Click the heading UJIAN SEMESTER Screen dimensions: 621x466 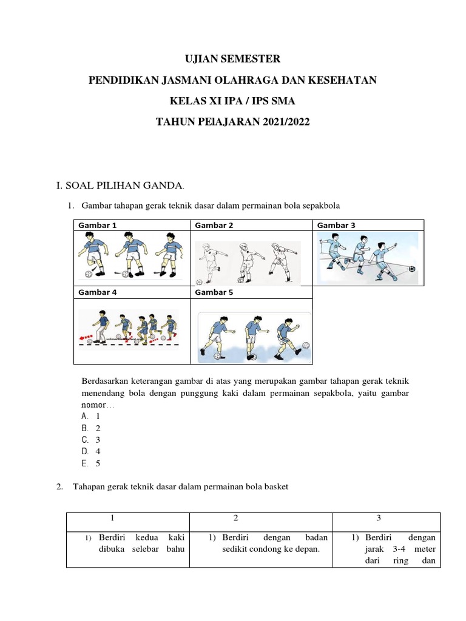[233, 59]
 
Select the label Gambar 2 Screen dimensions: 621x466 [214, 226]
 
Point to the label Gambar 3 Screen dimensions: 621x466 [336, 226]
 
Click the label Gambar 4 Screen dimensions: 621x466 [97, 292]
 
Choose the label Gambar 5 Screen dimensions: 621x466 [214, 292]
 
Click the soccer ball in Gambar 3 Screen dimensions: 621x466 [412, 269]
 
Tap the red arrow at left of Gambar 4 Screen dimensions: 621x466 [87, 335]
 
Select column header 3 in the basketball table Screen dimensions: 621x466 [379, 519]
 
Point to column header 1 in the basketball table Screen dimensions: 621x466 [112, 519]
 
